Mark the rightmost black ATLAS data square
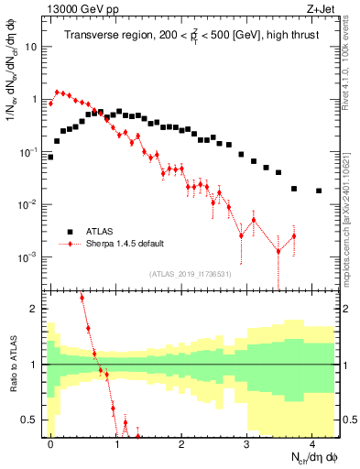(319, 191)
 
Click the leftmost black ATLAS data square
(50, 157)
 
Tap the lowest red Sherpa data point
(278, 251)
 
